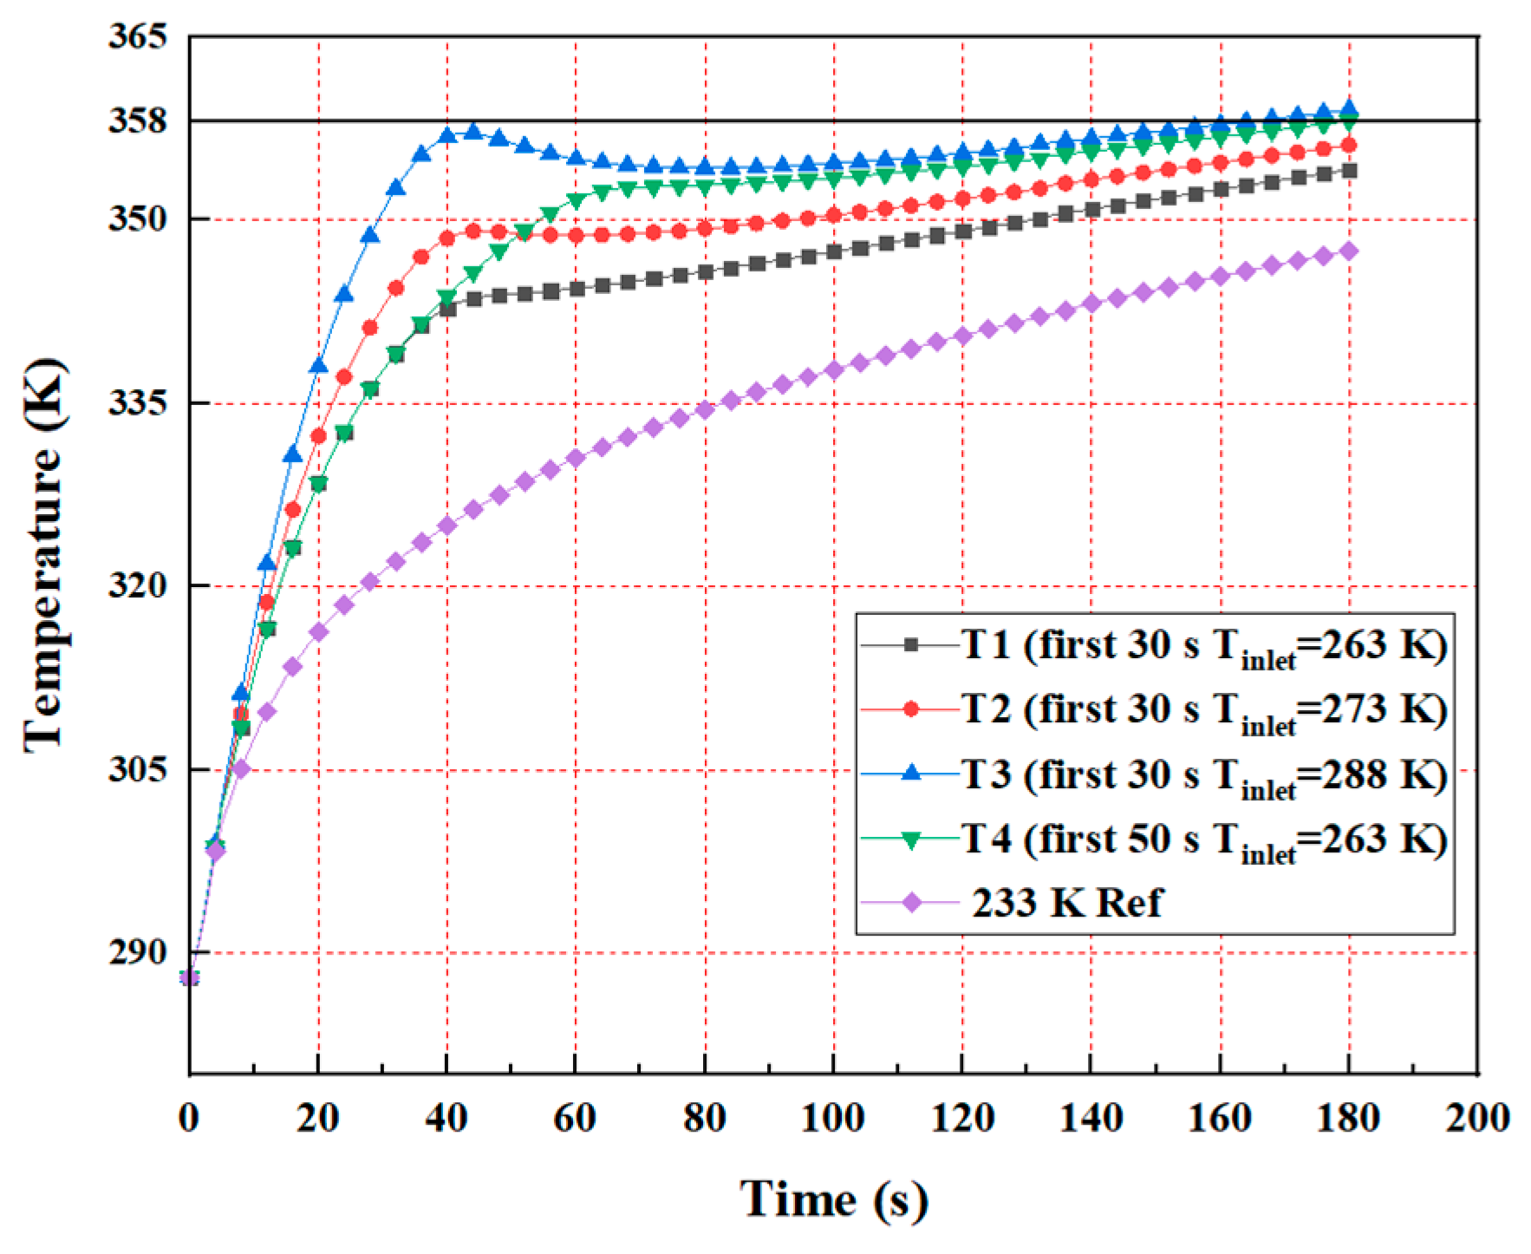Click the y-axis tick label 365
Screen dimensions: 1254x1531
click(137, 37)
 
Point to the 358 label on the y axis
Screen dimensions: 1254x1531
click(137, 121)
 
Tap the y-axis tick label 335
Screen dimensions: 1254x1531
click(137, 403)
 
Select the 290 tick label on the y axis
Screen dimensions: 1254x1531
click(137, 952)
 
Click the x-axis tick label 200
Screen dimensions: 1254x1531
click(1476, 1118)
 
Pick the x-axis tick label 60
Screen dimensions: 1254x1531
click(575, 1118)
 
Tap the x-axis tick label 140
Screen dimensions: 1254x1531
click(1091, 1118)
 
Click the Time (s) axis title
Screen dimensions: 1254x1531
click(834, 1199)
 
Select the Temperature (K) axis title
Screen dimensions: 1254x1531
click(44, 555)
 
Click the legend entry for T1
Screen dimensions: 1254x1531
click(1203, 646)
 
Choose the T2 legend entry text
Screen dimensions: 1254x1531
click(1203, 710)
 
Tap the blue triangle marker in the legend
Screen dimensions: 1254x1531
click(911, 774)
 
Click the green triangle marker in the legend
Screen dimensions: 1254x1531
click(911, 839)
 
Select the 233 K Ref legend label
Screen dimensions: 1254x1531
click(1066, 904)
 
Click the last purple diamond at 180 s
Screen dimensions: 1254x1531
click(1349, 251)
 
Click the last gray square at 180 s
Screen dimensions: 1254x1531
click(1349, 172)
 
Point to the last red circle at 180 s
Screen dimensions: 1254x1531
click(1349, 146)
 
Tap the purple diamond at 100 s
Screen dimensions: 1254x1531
click(834, 370)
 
